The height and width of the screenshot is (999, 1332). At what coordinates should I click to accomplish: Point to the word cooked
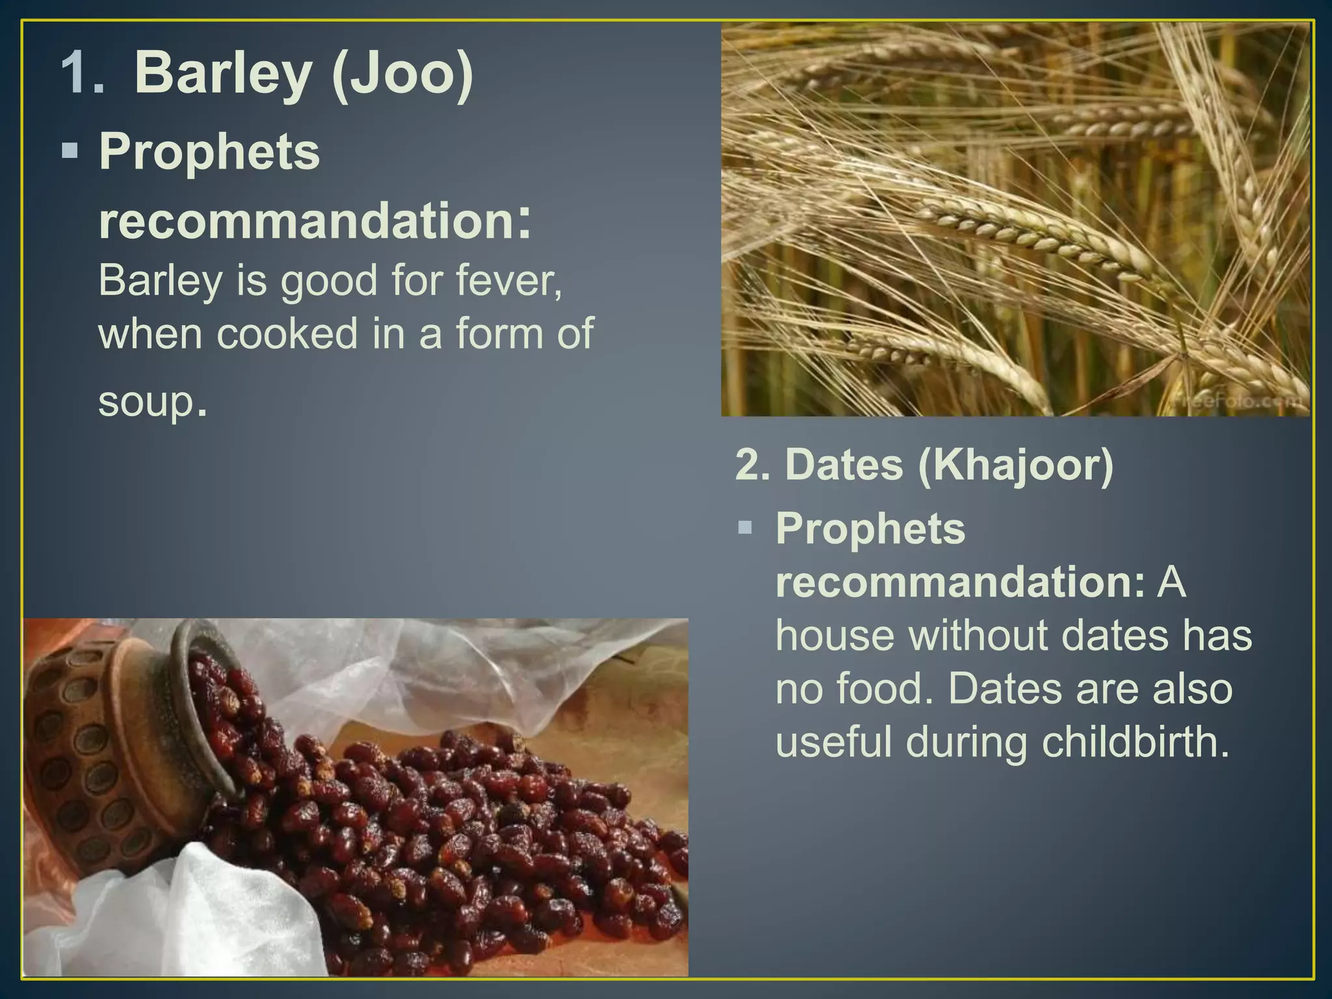click(287, 333)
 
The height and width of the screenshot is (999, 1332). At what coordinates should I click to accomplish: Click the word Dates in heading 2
click(844, 465)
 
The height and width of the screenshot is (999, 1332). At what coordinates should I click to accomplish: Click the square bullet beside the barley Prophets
click(70, 152)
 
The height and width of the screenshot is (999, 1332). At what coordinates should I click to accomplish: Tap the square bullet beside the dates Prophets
click(745, 527)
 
